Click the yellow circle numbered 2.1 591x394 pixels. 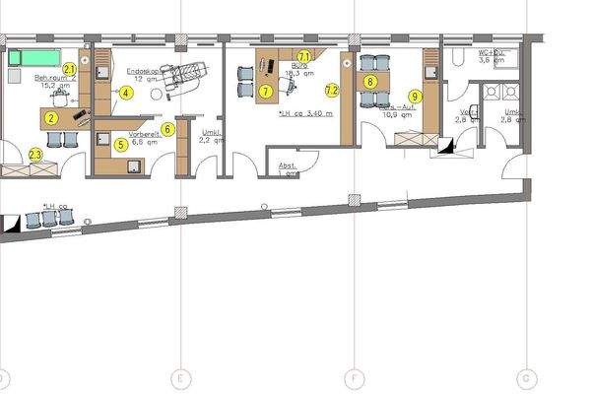coord(70,69)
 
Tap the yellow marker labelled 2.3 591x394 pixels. coord(36,155)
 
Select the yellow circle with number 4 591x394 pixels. coord(127,94)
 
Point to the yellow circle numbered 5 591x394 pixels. coord(120,144)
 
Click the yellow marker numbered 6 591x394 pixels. coord(168,129)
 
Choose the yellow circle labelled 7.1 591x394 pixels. coord(304,57)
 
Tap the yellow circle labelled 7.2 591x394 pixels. coord(332,91)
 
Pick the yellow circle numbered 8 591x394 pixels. coord(369,82)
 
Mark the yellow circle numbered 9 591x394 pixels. coord(416,97)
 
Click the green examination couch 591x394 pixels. coord(29,56)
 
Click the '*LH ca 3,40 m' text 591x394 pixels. coord(306,113)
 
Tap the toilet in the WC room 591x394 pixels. coord(457,59)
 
